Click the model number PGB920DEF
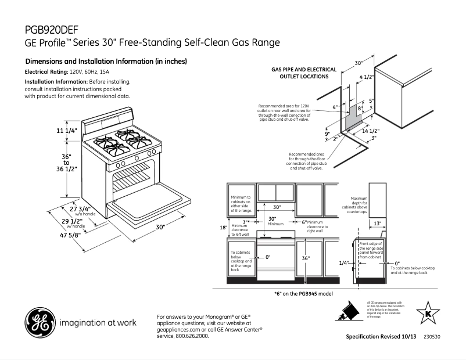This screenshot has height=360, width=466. point(52,30)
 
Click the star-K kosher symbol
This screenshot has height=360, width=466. point(429,314)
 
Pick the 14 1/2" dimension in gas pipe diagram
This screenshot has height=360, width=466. point(370,131)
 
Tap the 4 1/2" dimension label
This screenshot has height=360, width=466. point(367,77)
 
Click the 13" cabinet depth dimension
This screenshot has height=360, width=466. point(377,224)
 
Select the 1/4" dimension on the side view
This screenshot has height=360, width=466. point(344,263)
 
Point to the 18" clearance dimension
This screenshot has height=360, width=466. point(223,227)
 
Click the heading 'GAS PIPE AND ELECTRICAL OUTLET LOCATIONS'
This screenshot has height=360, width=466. point(304,73)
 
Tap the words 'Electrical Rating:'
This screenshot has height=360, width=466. point(46,71)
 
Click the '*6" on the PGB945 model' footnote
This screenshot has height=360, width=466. point(307,293)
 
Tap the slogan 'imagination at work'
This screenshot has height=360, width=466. point(98,322)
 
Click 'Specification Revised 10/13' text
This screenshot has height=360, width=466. point(381,337)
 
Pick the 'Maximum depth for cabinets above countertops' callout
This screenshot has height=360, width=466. point(359,205)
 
